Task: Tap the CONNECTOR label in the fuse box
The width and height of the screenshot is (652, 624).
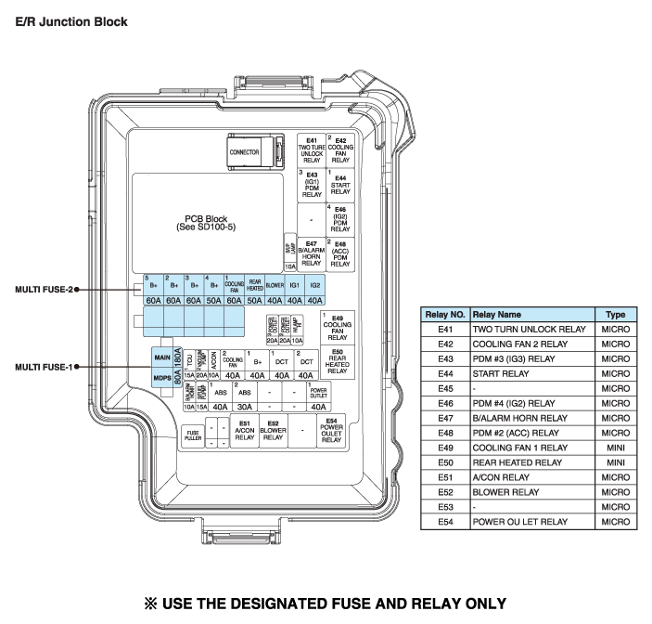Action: [x=244, y=152]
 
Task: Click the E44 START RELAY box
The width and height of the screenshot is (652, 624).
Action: [x=340, y=185]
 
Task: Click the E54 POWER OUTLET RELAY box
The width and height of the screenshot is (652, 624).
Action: [x=331, y=432]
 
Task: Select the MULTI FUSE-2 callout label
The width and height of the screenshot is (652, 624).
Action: [x=43, y=289]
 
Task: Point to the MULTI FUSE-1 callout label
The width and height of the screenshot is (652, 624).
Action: [x=43, y=367]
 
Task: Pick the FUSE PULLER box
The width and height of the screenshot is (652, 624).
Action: [x=193, y=435]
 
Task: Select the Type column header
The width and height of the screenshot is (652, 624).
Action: [x=615, y=315]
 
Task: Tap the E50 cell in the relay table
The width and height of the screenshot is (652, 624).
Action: [x=445, y=461]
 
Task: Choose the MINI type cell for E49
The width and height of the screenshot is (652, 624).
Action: [x=615, y=447]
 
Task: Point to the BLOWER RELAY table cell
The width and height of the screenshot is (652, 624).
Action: [x=505, y=491]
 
